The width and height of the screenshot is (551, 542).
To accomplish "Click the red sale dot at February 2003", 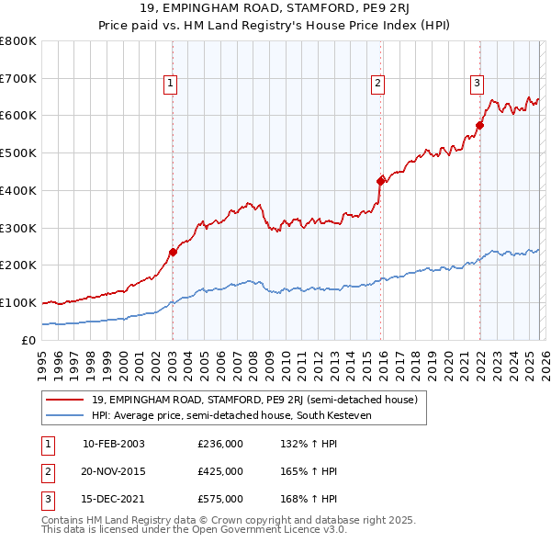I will pos(173,251).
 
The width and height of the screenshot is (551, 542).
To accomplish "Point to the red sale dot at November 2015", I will pos(381,181).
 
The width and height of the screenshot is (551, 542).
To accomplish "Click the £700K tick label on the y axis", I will pos(18,78).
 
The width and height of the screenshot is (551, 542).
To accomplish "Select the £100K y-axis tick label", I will pos(18,302).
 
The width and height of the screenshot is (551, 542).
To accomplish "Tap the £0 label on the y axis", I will pos(28,340).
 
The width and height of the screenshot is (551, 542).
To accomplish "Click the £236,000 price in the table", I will pos(219,444).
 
